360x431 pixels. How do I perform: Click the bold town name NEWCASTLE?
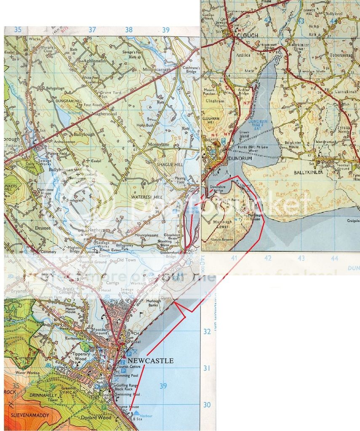[x=150, y=361]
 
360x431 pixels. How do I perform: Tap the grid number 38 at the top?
[x=128, y=29]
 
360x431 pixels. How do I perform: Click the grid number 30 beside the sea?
[x=207, y=405]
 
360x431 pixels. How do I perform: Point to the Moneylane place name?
[x=158, y=145]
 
